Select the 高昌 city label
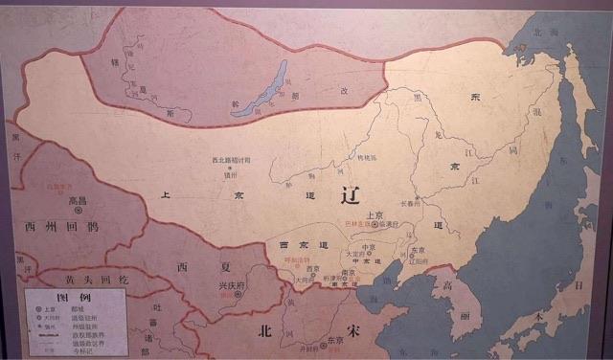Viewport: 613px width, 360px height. point(78,202)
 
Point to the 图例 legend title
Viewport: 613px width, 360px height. point(73,298)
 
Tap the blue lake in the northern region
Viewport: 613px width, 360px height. point(260,90)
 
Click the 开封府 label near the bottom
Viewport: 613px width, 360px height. point(309,350)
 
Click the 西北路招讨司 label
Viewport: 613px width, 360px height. point(231,160)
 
